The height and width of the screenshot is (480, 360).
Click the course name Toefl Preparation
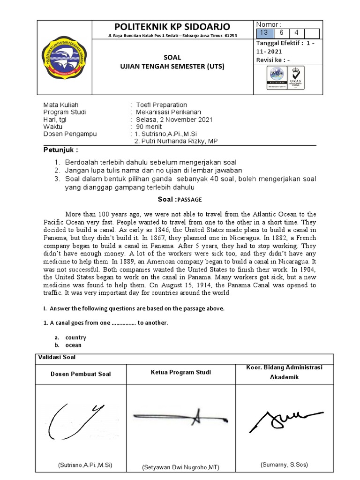click(x=161, y=105)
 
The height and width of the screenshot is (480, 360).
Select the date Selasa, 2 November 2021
click(x=173, y=120)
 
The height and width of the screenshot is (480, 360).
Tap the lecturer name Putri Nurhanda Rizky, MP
click(x=176, y=142)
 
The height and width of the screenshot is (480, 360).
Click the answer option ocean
click(x=73, y=345)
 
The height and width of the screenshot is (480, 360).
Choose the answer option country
click(x=75, y=337)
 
